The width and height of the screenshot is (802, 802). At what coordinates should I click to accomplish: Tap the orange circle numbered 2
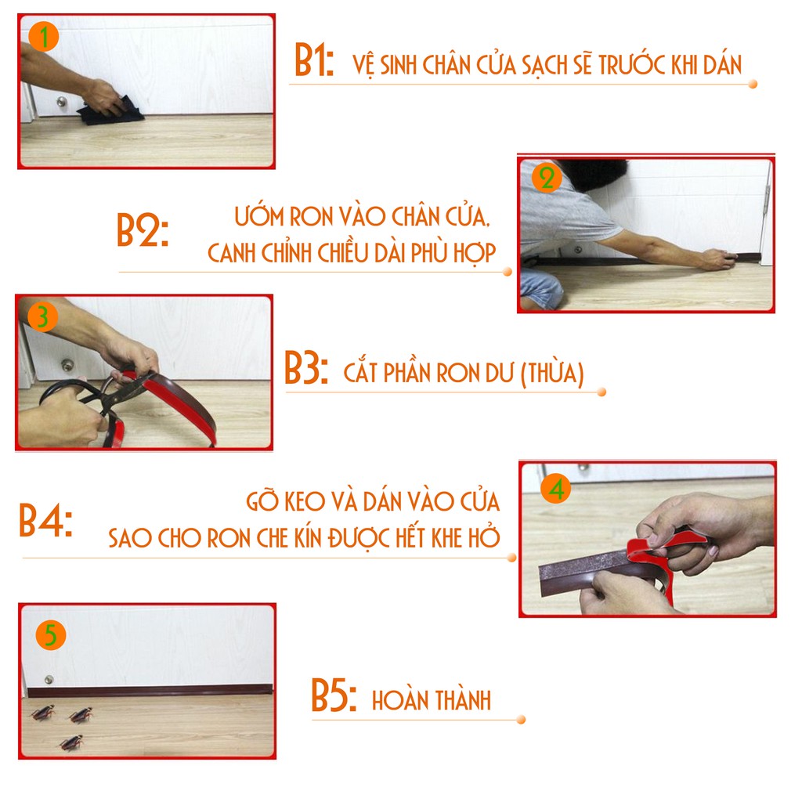547,179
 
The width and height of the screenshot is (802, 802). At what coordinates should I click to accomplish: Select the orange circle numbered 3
42,317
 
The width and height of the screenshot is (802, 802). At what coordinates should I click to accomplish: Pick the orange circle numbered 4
556,489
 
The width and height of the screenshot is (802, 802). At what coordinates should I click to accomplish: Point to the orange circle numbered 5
51,636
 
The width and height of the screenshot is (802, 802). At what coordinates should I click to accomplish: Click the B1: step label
314,60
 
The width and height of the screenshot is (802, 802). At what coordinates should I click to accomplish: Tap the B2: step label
143,230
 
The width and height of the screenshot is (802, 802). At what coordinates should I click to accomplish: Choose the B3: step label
306,368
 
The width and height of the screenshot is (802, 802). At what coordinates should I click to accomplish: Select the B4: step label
45,520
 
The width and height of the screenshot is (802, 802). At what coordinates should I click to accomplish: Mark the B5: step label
334,695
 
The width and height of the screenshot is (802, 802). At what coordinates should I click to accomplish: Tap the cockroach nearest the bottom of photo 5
71,743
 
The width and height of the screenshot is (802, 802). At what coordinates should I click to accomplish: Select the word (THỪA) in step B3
552,373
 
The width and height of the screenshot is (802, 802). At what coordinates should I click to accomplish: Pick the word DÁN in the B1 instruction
721,64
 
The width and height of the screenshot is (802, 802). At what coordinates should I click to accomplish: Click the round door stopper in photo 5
49,680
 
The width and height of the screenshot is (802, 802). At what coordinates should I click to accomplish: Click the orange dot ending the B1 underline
753,84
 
